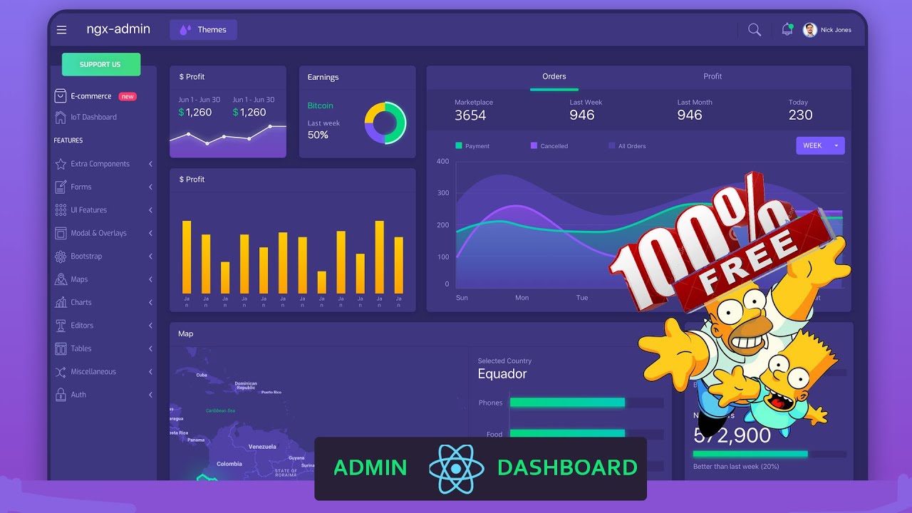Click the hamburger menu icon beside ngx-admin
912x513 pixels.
point(62,30)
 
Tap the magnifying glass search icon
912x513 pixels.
point(755,30)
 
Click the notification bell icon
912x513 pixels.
point(787,30)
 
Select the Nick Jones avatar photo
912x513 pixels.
point(809,30)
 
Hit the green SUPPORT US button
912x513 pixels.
point(100,64)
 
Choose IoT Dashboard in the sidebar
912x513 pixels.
point(93,117)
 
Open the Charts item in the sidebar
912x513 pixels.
point(81,302)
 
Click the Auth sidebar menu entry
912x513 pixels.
point(78,395)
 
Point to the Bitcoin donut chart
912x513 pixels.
point(385,123)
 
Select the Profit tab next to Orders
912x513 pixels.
point(712,76)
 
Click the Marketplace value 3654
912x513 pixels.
point(470,115)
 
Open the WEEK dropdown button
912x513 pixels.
point(820,145)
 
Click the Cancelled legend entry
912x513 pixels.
point(554,146)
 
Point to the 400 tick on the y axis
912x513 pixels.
point(442,161)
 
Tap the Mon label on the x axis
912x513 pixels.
point(522,298)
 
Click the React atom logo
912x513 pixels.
point(456,468)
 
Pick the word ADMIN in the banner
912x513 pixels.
point(370,468)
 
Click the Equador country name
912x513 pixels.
point(502,374)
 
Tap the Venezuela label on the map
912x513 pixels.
point(262,447)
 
